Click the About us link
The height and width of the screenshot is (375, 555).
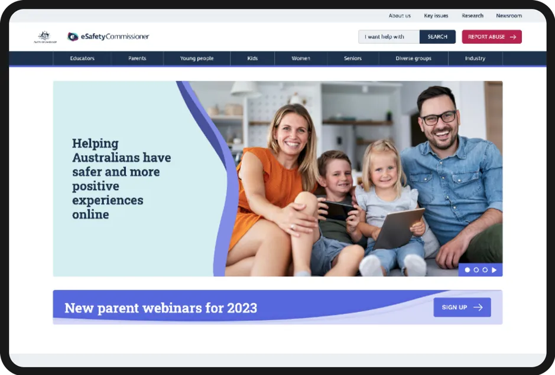[400, 16]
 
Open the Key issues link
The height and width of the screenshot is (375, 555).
[436, 16]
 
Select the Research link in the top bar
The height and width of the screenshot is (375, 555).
[472, 16]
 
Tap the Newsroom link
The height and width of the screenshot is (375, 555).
[509, 16]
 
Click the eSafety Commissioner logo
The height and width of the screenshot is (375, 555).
[109, 37]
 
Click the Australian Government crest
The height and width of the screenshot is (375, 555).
[45, 37]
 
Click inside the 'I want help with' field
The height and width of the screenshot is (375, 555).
[388, 37]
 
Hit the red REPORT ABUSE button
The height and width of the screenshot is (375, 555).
[491, 37]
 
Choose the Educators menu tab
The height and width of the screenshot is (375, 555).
[82, 58]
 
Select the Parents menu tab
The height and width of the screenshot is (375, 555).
[137, 58]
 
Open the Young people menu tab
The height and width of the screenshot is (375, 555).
[197, 58]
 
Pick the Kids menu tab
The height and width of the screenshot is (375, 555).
[252, 58]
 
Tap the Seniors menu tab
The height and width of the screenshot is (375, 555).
[353, 58]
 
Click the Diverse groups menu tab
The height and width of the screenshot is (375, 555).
[413, 58]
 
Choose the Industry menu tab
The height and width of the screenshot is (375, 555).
[475, 58]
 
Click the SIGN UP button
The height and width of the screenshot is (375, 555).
[462, 307]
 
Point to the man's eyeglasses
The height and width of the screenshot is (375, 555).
[439, 118]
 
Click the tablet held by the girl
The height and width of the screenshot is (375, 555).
[399, 229]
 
